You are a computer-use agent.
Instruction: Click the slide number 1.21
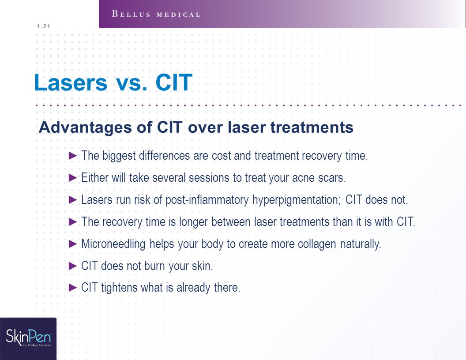click(x=44, y=26)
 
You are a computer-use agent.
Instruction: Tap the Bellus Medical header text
click(x=156, y=14)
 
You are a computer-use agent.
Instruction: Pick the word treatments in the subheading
click(x=312, y=127)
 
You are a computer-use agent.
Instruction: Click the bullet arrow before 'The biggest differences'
click(x=73, y=156)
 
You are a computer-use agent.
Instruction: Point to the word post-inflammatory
click(x=207, y=200)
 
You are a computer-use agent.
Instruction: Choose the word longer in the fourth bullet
click(x=193, y=222)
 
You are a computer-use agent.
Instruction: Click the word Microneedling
click(x=113, y=244)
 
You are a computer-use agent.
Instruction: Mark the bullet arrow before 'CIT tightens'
click(x=73, y=288)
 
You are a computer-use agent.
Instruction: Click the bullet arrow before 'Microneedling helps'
click(x=73, y=244)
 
